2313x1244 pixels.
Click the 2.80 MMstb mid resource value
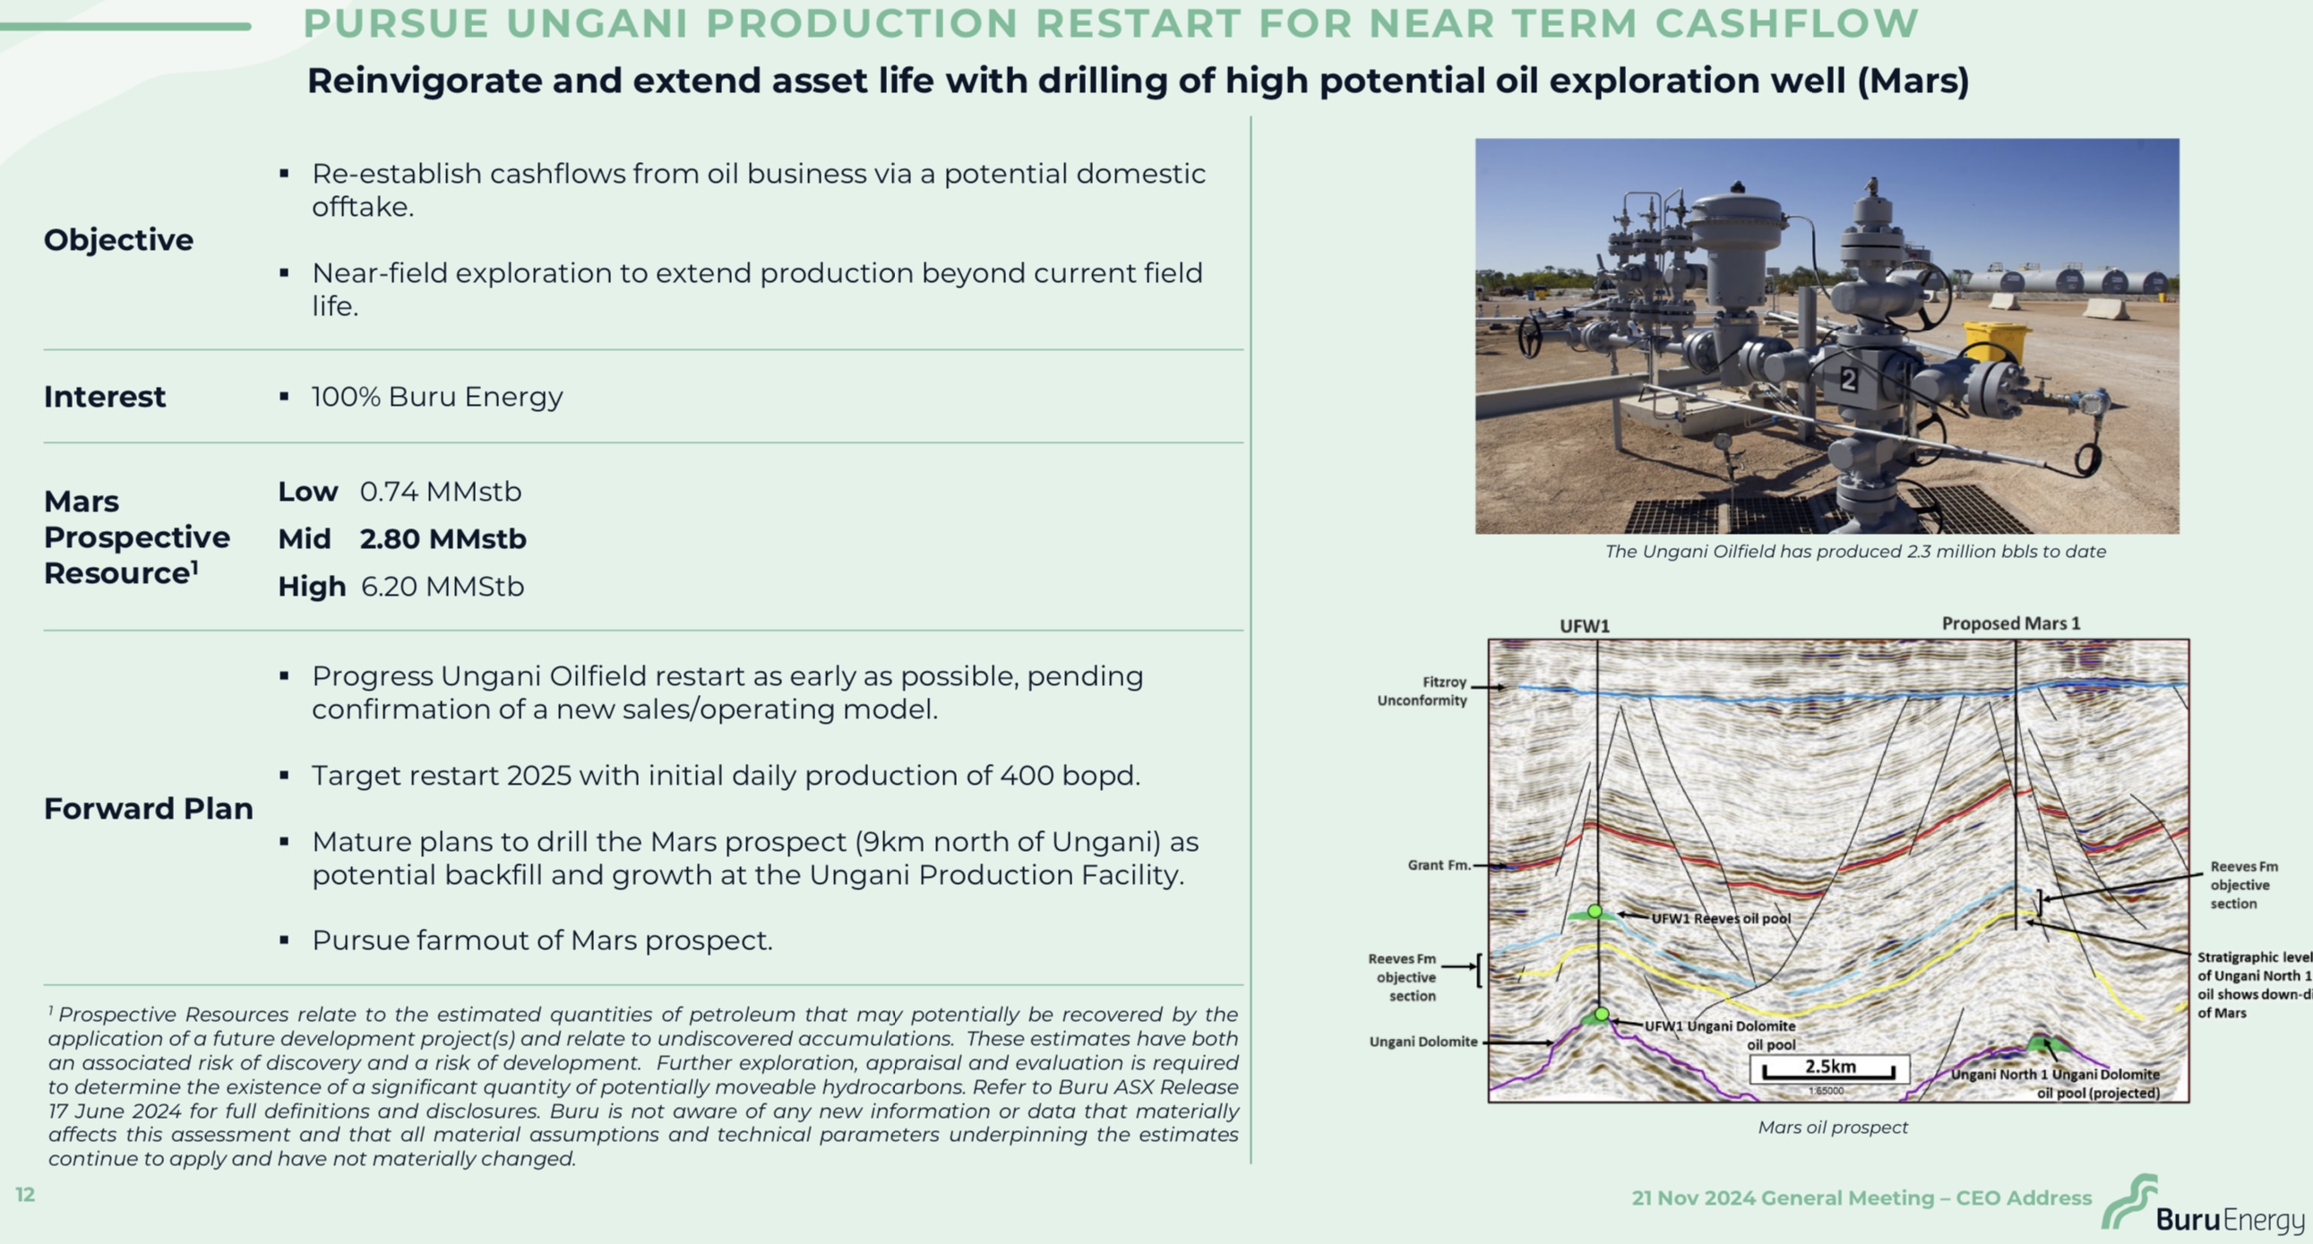(443, 538)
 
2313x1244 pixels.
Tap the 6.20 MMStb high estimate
(443, 586)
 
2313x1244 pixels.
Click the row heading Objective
(118, 240)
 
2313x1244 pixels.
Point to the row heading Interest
(105, 397)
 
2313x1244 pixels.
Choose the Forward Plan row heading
(149, 809)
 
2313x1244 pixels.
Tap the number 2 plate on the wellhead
(1849, 381)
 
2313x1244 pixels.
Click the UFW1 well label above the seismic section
(1585, 627)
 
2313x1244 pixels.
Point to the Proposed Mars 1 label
(2011, 624)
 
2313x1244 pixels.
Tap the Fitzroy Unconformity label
(1423, 691)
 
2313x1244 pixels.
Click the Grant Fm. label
(1440, 865)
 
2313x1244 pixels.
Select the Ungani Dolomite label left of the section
(1423, 1042)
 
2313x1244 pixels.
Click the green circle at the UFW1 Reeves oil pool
(1595, 912)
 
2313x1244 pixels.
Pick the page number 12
(25, 1195)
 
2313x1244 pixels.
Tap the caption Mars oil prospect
(1833, 1128)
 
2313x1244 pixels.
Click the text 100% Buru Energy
(437, 397)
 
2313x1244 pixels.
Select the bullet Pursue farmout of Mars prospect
(542, 940)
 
